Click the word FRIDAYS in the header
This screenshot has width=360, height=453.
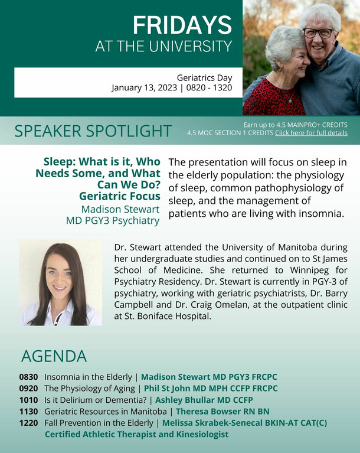(182, 25)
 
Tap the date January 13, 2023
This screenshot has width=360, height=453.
(145, 87)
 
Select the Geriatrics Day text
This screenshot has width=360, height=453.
(204, 78)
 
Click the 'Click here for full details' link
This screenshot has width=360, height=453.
(311, 133)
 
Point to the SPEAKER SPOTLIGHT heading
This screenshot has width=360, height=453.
(93, 131)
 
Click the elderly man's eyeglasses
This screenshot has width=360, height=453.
(318, 33)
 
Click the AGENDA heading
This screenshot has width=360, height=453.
(54, 356)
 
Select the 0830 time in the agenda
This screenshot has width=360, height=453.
(28, 377)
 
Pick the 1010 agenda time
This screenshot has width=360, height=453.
(28, 400)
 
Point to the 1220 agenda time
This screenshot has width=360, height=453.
(28, 423)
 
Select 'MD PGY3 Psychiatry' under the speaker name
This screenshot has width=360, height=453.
(113, 220)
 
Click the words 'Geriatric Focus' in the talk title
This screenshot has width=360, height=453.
(120, 196)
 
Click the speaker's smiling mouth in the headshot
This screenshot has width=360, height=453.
(60, 288)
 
